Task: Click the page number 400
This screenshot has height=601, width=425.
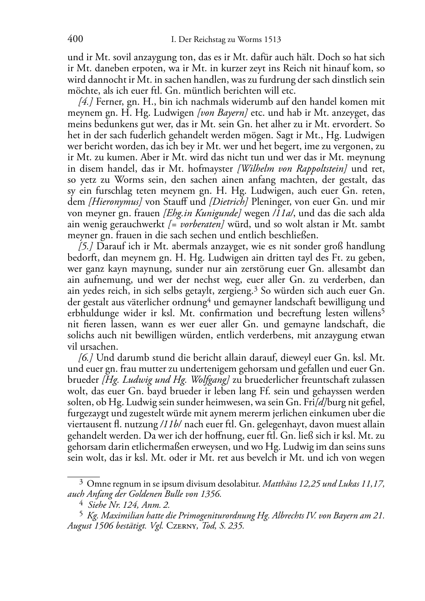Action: click(75, 39)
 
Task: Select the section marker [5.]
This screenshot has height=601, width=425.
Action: click(86, 246)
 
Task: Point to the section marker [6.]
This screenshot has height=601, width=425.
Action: click(86, 357)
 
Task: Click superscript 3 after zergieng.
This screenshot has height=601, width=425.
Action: click(255, 289)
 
